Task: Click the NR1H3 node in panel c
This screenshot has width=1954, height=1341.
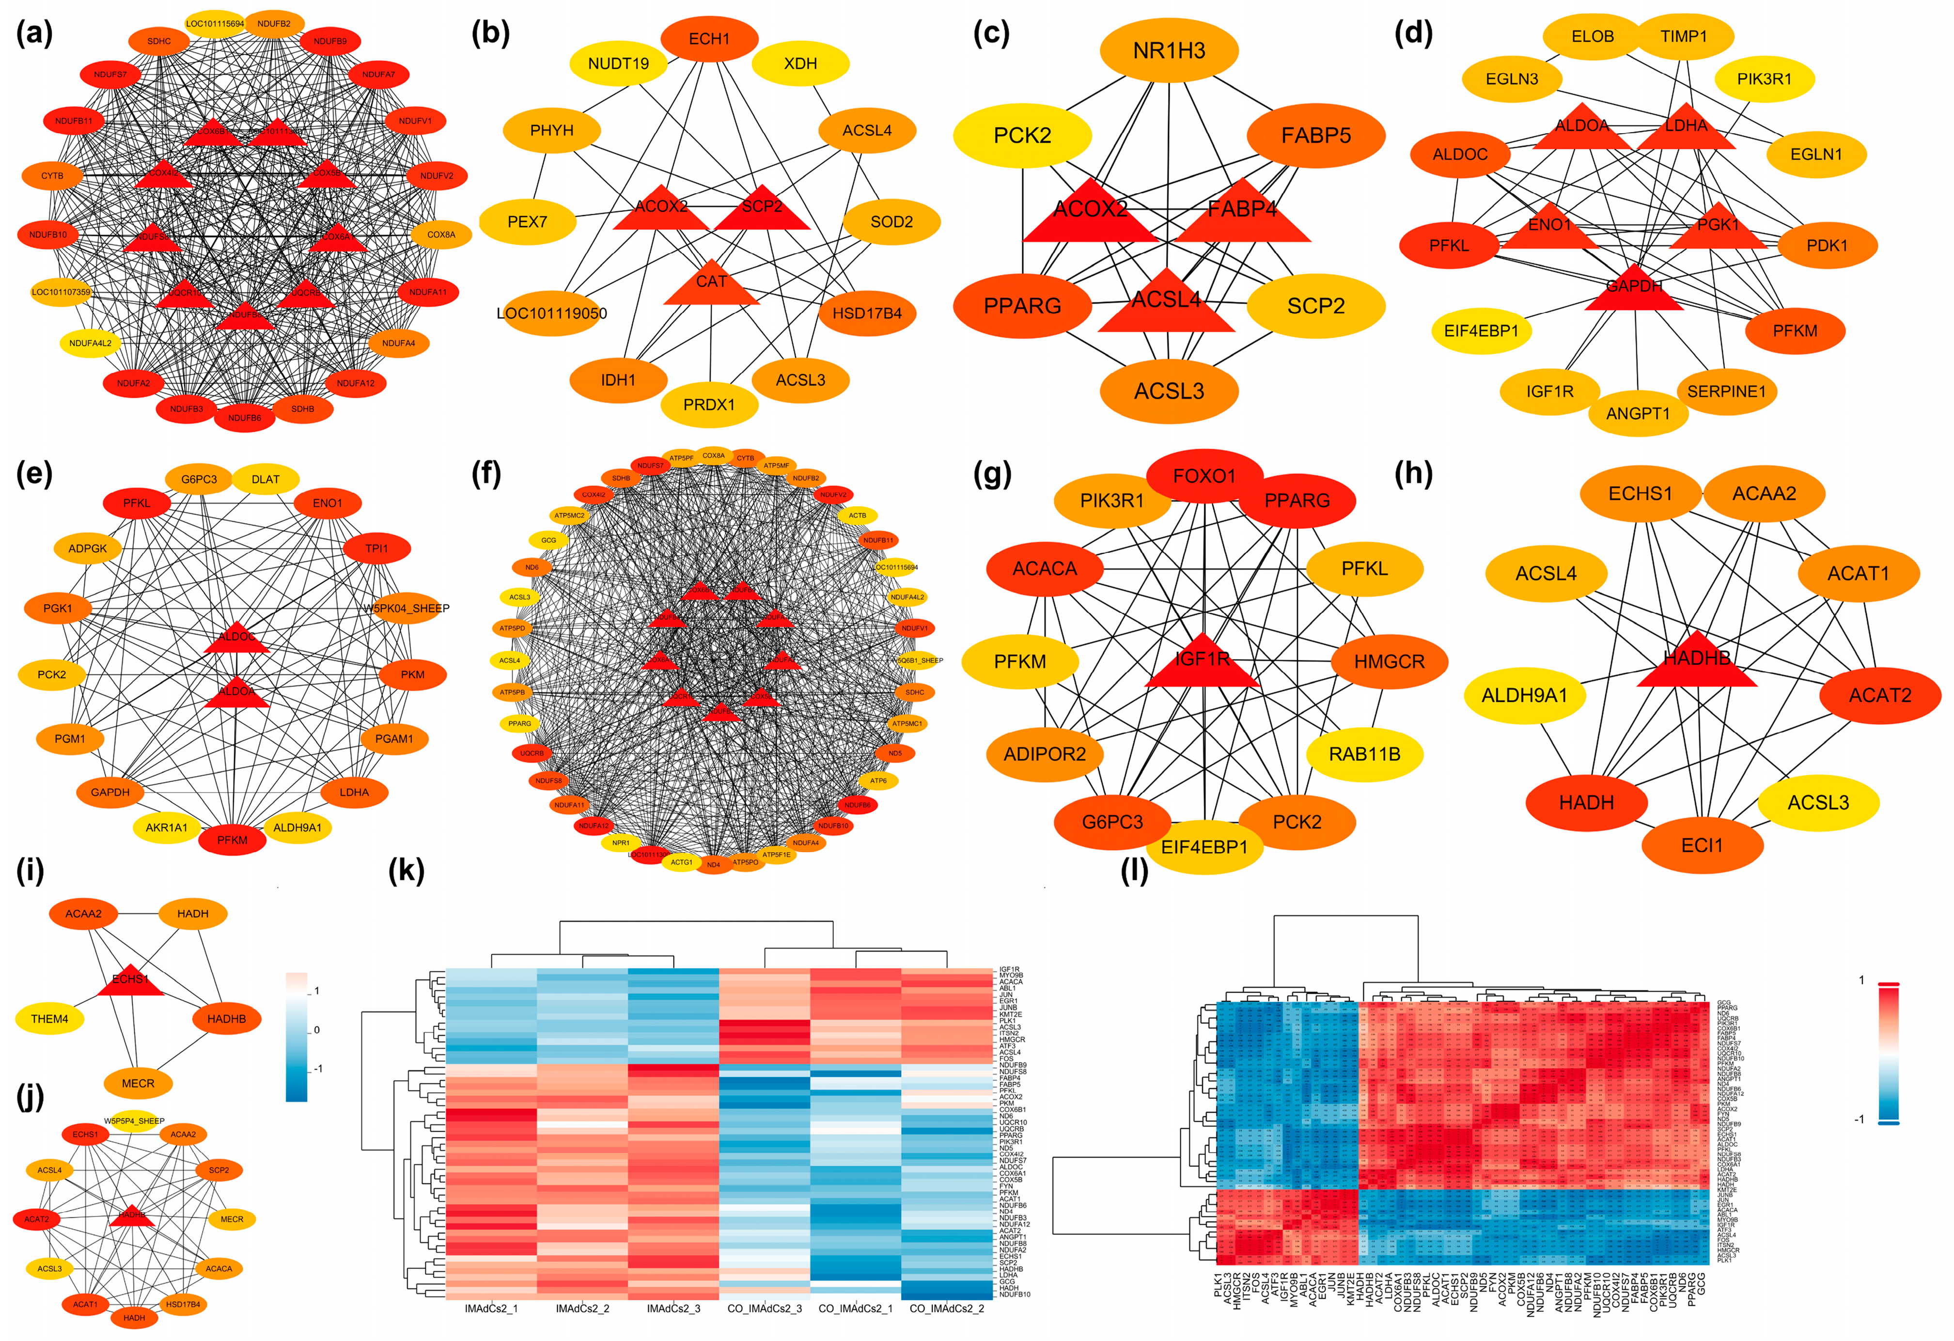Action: (x=1169, y=50)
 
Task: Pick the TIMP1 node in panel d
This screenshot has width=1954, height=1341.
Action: (x=1683, y=36)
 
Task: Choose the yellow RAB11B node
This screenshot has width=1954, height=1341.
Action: (x=1364, y=754)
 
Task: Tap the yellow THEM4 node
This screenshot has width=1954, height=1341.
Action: (x=49, y=1019)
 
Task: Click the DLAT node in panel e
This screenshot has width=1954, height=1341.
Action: (x=266, y=479)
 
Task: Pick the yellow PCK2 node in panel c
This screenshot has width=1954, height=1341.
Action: (x=1022, y=135)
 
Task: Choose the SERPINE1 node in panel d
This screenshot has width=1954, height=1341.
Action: (x=1726, y=391)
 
